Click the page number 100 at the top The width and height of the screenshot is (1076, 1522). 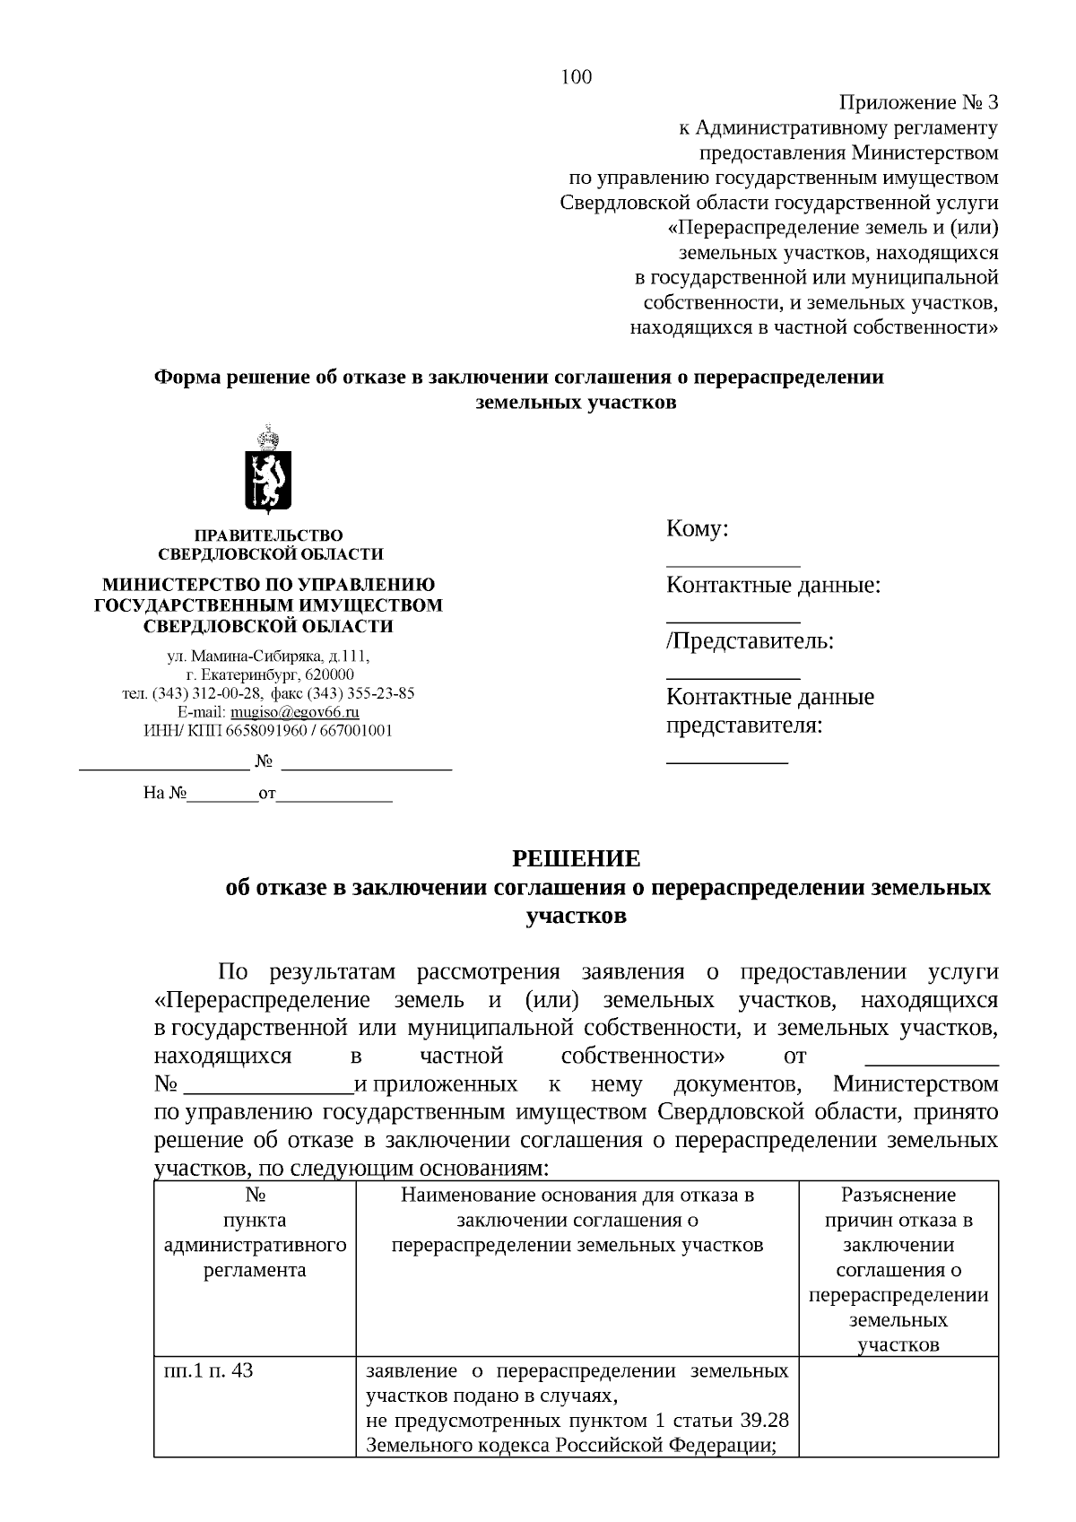click(577, 77)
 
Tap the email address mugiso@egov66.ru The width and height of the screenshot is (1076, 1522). click(295, 712)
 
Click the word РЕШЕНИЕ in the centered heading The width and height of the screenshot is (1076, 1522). click(576, 859)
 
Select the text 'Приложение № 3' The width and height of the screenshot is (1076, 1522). click(917, 102)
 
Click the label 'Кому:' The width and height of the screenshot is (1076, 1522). click(697, 529)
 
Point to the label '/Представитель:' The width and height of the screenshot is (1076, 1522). click(750, 641)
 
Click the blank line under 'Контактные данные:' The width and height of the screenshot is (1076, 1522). click(733, 620)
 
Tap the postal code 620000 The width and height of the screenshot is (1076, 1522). click(329, 674)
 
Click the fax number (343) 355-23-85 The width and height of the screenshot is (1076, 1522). click(360, 693)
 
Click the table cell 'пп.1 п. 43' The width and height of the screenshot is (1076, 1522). click(209, 1371)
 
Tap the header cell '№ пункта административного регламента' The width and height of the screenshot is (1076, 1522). click(255, 1232)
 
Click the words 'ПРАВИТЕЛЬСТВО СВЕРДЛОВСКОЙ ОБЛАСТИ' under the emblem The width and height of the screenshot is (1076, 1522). click(269, 544)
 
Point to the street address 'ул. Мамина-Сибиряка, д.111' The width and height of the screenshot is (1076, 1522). click(268, 657)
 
